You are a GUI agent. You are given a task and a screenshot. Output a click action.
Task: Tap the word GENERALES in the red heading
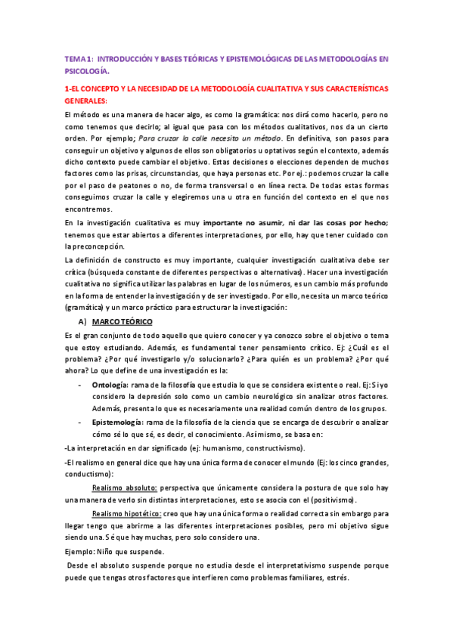point(85,101)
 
